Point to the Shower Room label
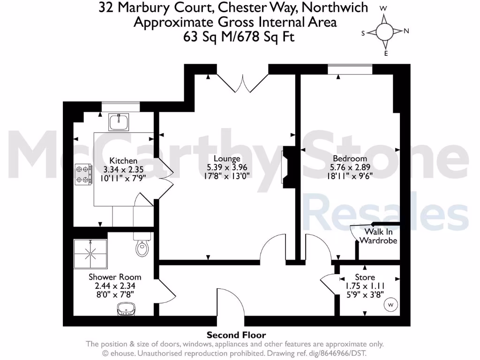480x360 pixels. click(115, 277)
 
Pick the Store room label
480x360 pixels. click(365, 277)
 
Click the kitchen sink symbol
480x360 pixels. click(119, 122)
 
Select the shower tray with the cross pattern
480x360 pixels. click(91, 255)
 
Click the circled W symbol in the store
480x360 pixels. click(390, 305)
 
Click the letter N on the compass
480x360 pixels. click(406, 31)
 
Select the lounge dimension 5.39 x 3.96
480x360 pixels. click(227, 167)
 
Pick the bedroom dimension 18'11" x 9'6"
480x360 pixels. click(349, 176)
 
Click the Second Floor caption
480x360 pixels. click(236, 335)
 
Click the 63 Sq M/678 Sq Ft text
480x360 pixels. click(239, 37)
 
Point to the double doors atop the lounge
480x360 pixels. click(243, 82)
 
